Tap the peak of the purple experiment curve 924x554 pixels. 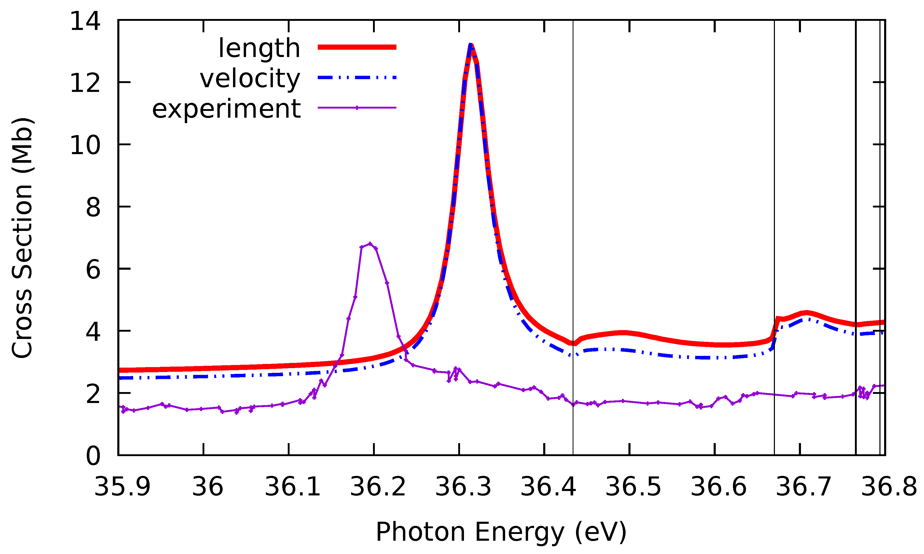pyautogui.click(x=370, y=244)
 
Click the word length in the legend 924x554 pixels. pyautogui.click(x=259, y=48)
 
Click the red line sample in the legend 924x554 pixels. pyautogui.click(x=357, y=47)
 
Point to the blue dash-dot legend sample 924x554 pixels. pyautogui.click(x=357, y=78)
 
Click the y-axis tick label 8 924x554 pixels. pyautogui.click(x=93, y=207)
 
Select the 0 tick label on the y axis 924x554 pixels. pyautogui.click(x=93, y=456)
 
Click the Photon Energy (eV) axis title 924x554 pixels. pyautogui.click(x=501, y=532)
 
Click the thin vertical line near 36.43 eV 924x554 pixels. pyautogui.click(x=573, y=187)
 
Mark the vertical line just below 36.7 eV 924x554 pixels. pyautogui.click(x=774, y=187)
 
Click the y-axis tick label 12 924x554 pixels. pyautogui.click(x=85, y=83)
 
